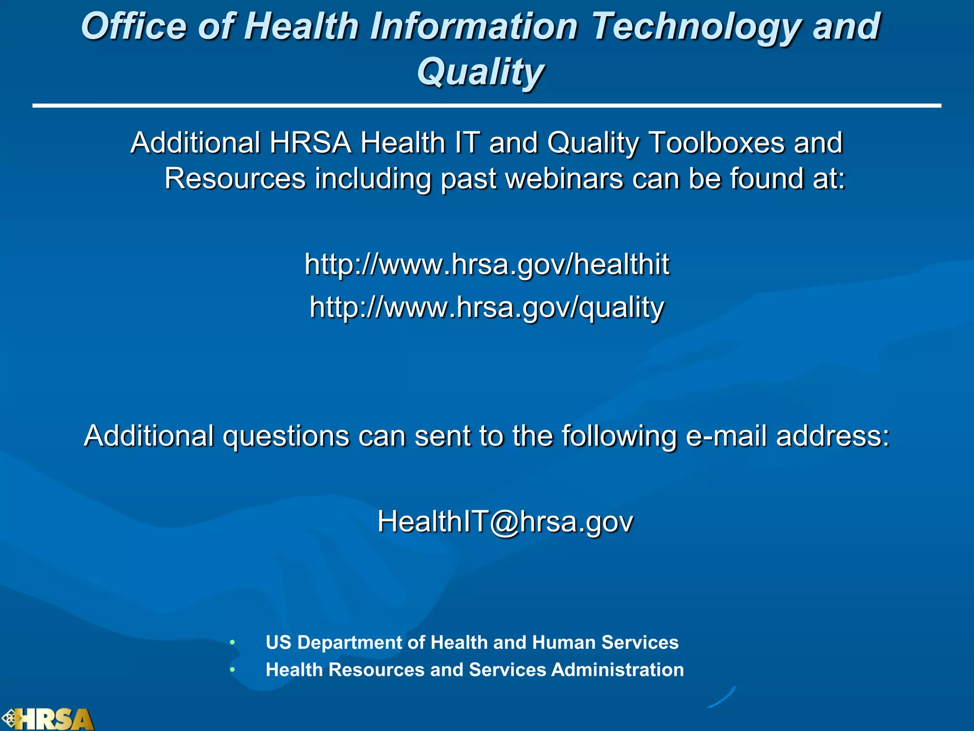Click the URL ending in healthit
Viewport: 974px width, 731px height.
click(x=487, y=264)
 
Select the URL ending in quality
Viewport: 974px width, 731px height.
click(x=487, y=307)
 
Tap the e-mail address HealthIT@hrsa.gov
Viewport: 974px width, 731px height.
click(x=505, y=522)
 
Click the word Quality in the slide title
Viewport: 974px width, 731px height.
click(x=480, y=72)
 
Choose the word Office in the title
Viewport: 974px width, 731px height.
click(x=134, y=26)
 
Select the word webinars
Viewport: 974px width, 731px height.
click(x=564, y=179)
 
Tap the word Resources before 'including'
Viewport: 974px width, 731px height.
click(x=235, y=179)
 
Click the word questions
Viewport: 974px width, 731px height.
click(x=286, y=436)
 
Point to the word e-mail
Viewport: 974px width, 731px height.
click(x=726, y=435)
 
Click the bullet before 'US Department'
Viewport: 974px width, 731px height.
click(x=232, y=642)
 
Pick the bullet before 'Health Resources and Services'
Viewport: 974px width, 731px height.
click(x=232, y=670)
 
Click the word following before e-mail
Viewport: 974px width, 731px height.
click(x=619, y=436)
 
